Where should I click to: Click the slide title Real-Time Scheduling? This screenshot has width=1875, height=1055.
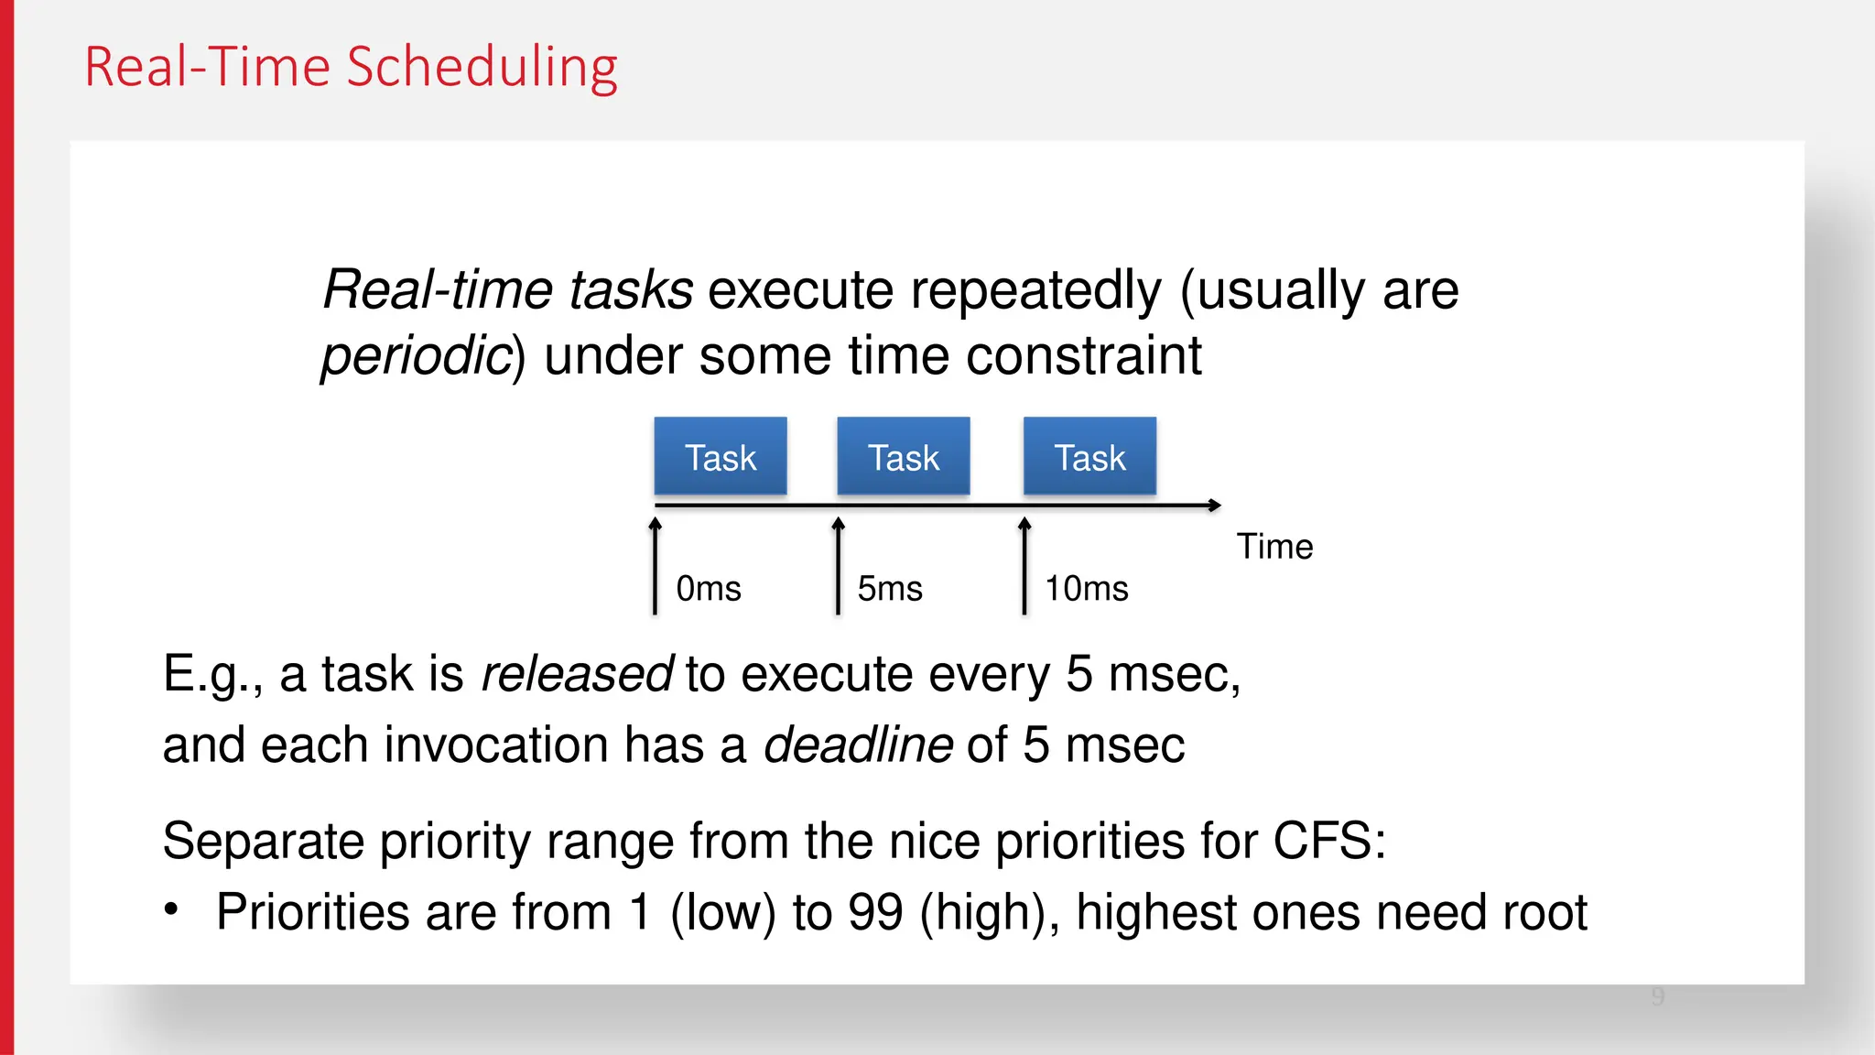pyautogui.click(x=351, y=68)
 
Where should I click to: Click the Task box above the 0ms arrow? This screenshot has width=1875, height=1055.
pyautogui.click(x=721, y=457)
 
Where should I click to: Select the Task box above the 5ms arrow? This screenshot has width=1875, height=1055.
pyautogui.click(x=904, y=457)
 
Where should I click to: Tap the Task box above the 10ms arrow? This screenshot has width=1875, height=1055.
pyautogui.click(x=1089, y=457)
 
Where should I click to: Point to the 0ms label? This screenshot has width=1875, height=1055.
pyautogui.click(x=709, y=589)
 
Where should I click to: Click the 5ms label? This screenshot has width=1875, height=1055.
pyautogui.click(x=890, y=589)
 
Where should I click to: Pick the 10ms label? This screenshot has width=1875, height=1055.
pyautogui.click(x=1087, y=589)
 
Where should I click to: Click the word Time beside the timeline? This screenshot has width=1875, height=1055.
pyautogui.click(x=1274, y=547)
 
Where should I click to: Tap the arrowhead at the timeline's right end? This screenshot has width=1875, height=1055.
pyautogui.click(x=1214, y=506)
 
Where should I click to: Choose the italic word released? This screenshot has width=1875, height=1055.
pyautogui.click(x=577, y=675)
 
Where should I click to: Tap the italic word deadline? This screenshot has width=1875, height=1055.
pyautogui.click(x=858, y=745)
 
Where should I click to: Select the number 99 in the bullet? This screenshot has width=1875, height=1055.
pyautogui.click(x=876, y=912)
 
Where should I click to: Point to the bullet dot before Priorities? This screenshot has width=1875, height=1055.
pyautogui.click(x=171, y=909)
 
